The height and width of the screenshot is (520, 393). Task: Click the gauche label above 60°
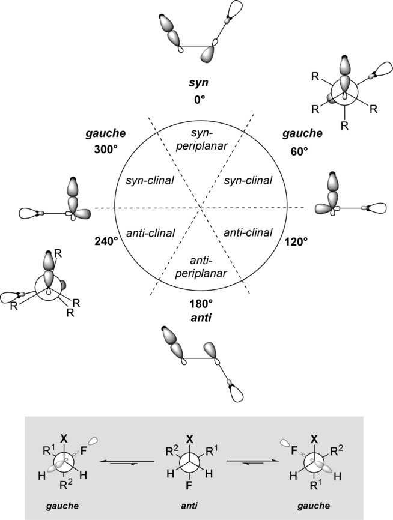[x=296, y=133]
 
